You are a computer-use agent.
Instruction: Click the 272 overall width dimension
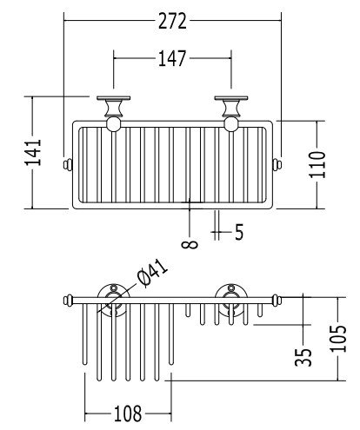click(172, 21)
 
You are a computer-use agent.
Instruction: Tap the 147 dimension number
click(172, 58)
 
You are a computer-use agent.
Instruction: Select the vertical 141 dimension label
click(33, 152)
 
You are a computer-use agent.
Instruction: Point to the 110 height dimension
click(317, 164)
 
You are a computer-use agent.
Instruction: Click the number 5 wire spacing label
click(239, 232)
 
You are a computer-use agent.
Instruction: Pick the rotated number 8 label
click(190, 244)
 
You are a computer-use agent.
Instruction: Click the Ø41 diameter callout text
click(153, 273)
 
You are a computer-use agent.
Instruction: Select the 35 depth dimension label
click(303, 357)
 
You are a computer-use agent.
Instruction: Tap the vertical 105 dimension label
click(338, 339)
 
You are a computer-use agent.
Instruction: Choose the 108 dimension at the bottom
click(128, 413)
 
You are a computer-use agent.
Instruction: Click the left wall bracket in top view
click(114, 107)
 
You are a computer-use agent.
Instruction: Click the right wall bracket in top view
click(231, 107)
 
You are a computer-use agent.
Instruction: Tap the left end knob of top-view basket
click(68, 165)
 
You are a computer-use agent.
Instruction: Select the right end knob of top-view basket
click(277, 165)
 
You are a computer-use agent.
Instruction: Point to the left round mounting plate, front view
click(114, 300)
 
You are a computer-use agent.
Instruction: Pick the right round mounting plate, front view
click(231, 300)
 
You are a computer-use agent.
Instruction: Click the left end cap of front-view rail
click(68, 300)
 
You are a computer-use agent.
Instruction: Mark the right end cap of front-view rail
click(277, 300)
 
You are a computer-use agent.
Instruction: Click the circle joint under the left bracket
click(114, 124)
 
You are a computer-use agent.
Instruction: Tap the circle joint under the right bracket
click(231, 124)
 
